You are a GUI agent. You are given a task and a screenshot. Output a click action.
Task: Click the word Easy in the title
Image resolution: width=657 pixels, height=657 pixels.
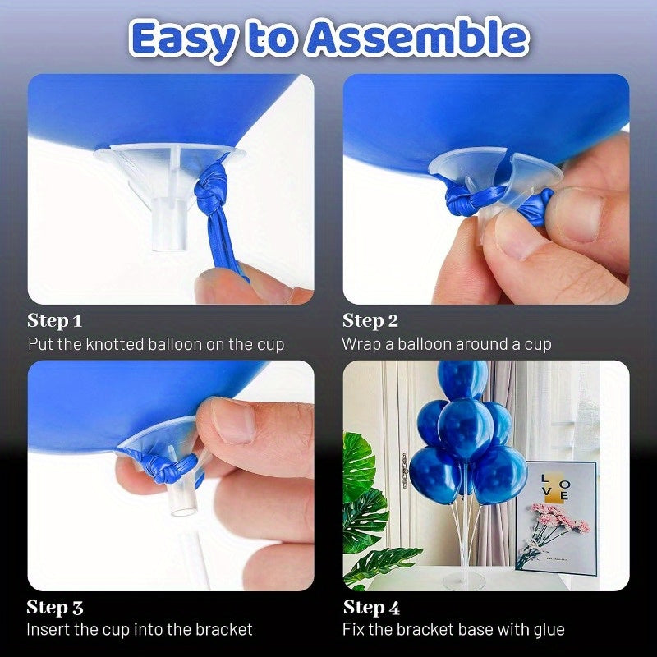[x=183, y=39]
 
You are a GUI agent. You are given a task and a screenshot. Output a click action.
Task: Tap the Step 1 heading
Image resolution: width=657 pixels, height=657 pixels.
[x=54, y=321]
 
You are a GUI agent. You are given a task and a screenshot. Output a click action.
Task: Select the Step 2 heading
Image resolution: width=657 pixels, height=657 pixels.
[x=370, y=321]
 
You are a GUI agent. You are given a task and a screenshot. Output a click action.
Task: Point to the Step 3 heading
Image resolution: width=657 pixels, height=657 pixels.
[x=55, y=608]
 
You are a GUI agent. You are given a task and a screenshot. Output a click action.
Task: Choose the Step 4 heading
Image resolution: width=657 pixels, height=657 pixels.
[x=371, y=608]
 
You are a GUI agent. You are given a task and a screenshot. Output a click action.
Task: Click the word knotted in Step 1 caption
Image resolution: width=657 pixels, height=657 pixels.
[x=115, y=344]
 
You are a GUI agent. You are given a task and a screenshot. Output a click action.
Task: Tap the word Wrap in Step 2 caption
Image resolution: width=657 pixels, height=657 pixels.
[x=361, y=345]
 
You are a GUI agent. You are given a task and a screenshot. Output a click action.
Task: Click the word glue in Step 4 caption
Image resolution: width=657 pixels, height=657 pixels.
[x=549, y=630]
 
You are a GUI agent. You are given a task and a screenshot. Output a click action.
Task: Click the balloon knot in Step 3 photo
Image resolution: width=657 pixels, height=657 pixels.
[x=168, y=465]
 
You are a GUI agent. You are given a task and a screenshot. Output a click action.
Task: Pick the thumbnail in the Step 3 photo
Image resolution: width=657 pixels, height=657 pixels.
[x=232, y=420]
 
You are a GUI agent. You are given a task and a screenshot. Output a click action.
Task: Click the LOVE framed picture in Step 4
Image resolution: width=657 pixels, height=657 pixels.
[x=557, y=518]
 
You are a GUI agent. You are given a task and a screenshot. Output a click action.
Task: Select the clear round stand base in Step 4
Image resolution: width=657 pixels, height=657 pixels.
[x=464, y=581]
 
